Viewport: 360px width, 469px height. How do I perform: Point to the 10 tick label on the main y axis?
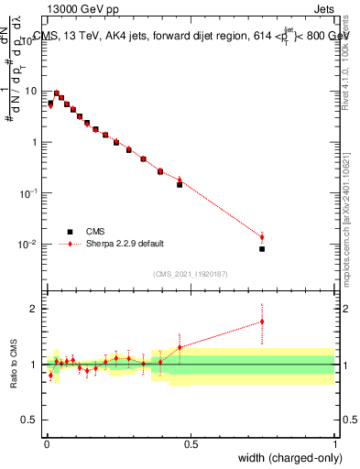[x=31, y=92]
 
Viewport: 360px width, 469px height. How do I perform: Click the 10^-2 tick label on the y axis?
[x=29, y=245]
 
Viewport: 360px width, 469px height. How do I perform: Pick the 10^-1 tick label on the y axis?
[x=29, y=193]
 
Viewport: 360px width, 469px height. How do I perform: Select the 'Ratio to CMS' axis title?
[x=14, y=365]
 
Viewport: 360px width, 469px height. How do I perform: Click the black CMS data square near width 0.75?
[x=262, y=249]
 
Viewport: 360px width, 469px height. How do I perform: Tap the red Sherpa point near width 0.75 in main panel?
[x=262, y=237]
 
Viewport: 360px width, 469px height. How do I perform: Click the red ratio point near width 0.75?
[x=262, y=322]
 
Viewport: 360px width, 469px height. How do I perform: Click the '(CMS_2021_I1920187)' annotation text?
[x=191, y=273]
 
